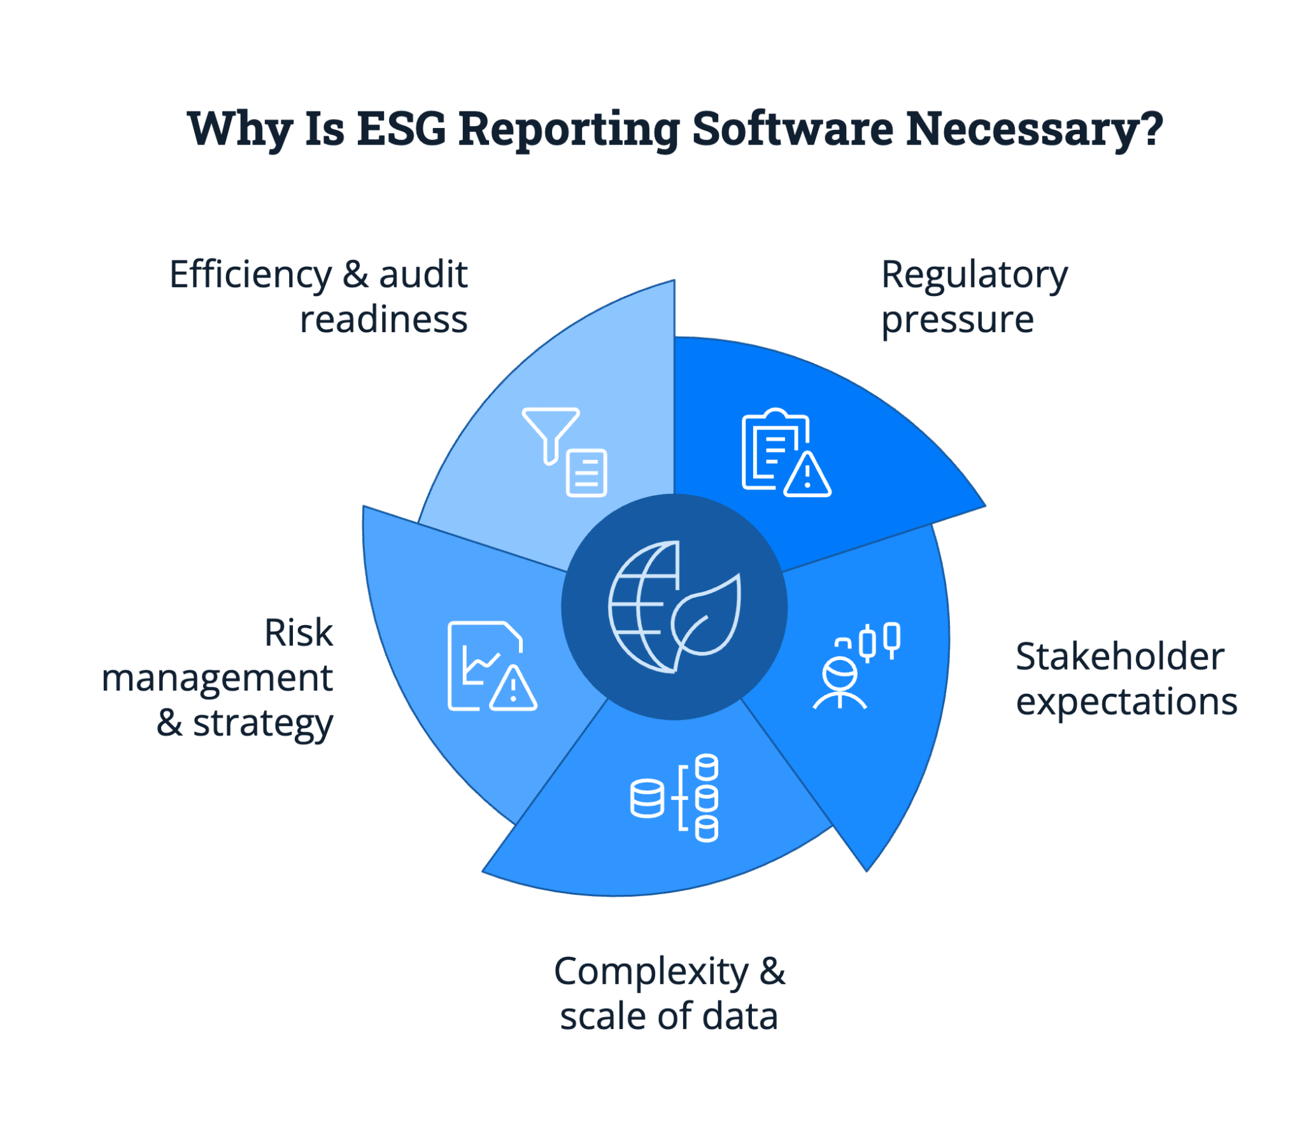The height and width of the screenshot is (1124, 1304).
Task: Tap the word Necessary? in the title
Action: point(1035,129)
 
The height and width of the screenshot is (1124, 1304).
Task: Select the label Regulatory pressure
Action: point(974,297)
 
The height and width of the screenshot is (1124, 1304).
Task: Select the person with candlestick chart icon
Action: point(856,666)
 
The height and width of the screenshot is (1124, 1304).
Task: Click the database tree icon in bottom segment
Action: point(674,798)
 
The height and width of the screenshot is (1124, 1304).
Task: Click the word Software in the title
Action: point(792,129)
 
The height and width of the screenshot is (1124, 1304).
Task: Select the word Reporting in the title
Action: point(568,129)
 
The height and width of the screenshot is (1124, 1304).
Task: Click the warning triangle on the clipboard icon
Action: point(807,476)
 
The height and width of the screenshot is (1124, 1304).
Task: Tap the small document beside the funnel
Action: point(586,473)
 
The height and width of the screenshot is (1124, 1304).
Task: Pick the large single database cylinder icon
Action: point(647,798)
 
